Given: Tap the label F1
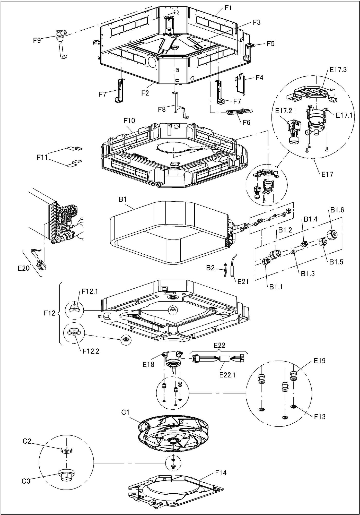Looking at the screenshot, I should point(228,8).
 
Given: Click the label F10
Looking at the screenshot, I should point(129,121).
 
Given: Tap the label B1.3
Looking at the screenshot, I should point(308,273).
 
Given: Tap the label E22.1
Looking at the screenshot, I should point(227,375).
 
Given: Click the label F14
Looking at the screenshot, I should point(221,473).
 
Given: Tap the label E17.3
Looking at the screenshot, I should point(338,70).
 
